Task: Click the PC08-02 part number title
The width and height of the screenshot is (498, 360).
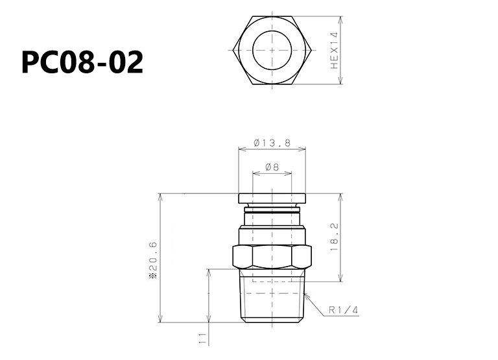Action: tap(82, 62)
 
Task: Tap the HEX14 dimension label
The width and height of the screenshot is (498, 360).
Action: tap(335, 50)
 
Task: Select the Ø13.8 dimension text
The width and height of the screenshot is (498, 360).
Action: tap(272, 143)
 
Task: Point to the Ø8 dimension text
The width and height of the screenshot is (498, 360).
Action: tap(272, 167)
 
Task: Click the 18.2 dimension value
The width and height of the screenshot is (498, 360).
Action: tap(335, 237)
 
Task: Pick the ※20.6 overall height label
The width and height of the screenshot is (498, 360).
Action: tap(154, 260)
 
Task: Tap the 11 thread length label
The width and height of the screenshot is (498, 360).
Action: tap(202, 339)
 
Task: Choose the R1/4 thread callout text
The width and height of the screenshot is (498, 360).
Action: tap(343, 310)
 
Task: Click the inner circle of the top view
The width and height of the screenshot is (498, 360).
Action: tap(272, 31)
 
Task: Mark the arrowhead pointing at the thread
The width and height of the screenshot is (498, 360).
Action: tap(306, 296)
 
